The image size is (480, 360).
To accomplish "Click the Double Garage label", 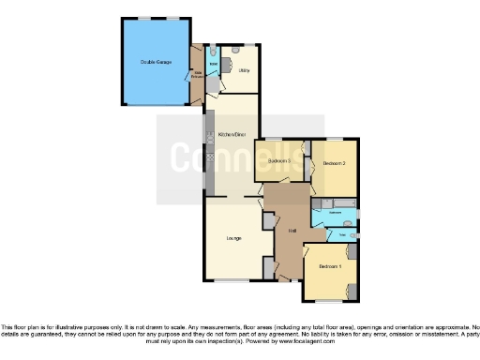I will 155,62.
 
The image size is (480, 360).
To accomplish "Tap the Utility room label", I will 244,70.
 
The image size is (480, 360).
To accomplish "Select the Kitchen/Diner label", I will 232,134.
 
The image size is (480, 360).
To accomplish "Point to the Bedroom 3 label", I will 279,161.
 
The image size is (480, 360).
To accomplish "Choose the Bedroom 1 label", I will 329,267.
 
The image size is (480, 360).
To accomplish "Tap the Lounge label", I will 233,238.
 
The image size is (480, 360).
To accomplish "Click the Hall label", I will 292,230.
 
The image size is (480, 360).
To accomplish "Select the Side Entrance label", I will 199,72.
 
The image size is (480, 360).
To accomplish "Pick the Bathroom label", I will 335,214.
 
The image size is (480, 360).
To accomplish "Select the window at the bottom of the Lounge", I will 232,280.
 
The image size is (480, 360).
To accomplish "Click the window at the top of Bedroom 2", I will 335,140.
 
